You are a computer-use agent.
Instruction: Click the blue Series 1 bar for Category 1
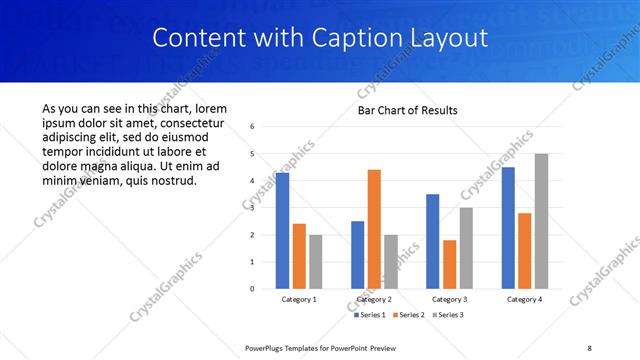[282, 231]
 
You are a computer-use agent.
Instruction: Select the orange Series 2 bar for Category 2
[374, 229]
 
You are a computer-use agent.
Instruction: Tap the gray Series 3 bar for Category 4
[541, 221]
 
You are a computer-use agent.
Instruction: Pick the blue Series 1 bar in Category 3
[432, 241]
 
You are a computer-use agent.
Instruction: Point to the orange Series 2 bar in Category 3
[449, 264]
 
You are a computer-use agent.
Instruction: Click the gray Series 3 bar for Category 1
[316, 262]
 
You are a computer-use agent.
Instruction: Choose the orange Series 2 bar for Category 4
[524, 251]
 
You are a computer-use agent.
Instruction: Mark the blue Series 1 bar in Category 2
[357, 255]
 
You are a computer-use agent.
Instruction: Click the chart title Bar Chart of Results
[408, 110]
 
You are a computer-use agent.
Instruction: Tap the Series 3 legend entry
[446, 315]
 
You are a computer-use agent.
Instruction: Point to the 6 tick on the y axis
[253, 127]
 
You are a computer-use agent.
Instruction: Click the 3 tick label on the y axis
[253, 208]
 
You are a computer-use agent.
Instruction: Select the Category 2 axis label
[374, 299]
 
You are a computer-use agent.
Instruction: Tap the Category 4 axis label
[524, 299]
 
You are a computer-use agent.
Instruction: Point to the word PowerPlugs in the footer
[267, 347]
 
